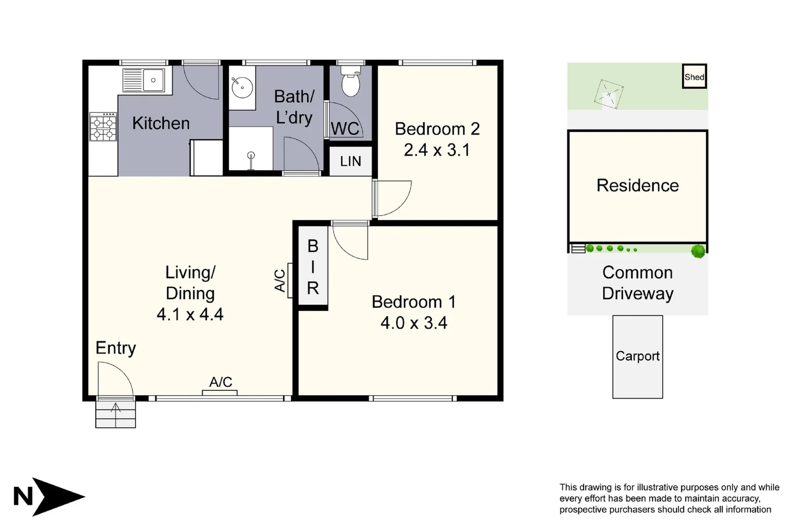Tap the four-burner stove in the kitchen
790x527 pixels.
(x=103, y=127)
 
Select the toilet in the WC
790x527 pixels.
(x=350, y=82)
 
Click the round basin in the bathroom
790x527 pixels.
(x=241, y=87)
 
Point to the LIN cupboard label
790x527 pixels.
(x=350, y=161)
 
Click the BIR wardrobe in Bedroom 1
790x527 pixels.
(x=313, y=267)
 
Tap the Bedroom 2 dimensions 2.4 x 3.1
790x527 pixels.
(x=436, y=150)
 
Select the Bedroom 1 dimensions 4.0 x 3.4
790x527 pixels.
(x=414, y=323)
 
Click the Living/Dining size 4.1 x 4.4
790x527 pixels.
(x=190, y=314)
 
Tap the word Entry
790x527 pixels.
(x=116, y=348)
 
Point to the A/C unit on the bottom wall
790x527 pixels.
(x=220, y=392)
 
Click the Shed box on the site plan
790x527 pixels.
(x=694, y=77)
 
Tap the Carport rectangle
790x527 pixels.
(x=637, y=357)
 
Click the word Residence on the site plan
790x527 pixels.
(x=637, y=185)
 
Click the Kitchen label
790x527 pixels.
(x=161, y=123)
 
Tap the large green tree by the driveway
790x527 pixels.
(x=698, y=251)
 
